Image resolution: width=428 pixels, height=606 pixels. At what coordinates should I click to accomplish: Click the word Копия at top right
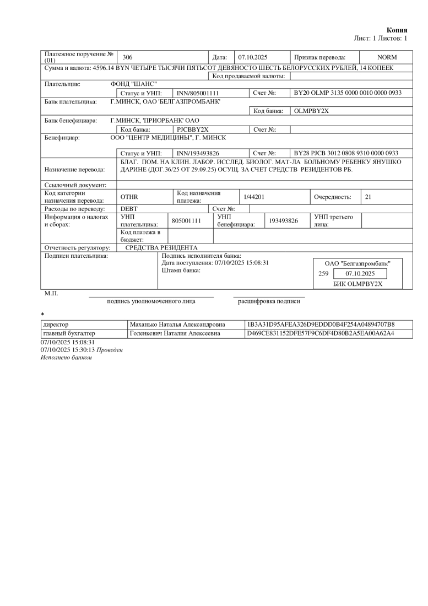(x=397, y=30)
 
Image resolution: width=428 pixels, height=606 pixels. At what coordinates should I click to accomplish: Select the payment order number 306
(x=127, y=57)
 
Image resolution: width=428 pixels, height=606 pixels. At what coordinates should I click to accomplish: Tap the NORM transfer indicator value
(x=387, y=57)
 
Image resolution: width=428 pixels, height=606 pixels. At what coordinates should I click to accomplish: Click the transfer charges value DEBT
(x=129, y=209)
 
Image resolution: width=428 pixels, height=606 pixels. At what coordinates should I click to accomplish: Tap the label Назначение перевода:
(x=74, y=169)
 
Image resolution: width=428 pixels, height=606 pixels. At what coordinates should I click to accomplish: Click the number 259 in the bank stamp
(x=323, y=274)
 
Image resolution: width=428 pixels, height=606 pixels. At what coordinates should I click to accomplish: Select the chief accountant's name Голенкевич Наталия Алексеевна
(x=175, y=333)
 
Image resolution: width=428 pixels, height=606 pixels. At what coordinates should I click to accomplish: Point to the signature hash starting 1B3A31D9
(x=321, y=324)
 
